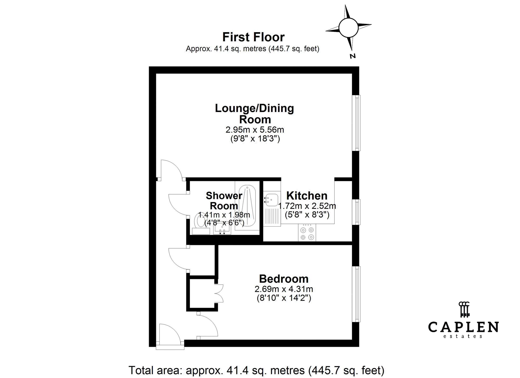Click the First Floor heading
point(253,37)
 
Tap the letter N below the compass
point(353,56)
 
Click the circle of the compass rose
point(348,27)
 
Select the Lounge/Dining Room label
point(255,114)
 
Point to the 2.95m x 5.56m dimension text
point(255,130)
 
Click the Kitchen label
point(307,196)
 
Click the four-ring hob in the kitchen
point(307,233)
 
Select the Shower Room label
point(224,201)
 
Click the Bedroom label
point(284,279)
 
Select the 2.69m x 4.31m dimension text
point(284,289)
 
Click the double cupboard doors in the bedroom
point(219,293)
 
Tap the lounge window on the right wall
point(356,123)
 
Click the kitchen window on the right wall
point(356,212)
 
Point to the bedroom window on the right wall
point(356,294)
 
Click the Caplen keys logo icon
point(463,309)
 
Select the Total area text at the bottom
point(256,370)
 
